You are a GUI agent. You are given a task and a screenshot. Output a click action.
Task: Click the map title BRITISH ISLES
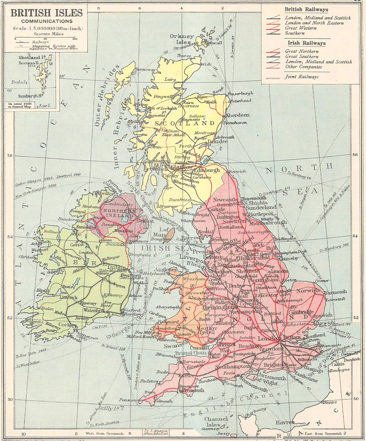click(47, 13)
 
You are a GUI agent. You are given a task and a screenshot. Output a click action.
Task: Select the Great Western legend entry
click(301, 28)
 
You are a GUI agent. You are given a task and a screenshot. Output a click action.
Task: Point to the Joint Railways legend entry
click(302, 77)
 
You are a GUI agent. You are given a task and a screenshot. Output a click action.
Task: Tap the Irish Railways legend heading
click(307, 43)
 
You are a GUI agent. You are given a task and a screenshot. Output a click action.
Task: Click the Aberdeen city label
click(238, 115)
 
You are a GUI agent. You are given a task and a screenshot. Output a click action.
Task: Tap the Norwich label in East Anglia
click(308, 291)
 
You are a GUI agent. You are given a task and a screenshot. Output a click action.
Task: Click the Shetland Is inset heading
click(32, 57)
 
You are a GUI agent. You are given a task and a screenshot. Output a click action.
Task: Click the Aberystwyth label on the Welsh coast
click(168, 307)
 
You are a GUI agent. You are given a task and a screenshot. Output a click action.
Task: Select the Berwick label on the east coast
click(237, 171)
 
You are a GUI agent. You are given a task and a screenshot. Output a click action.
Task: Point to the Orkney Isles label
click(182, 39)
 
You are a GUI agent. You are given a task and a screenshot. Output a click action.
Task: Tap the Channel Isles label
click(216, 422)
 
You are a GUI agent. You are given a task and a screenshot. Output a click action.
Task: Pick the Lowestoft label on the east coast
click(335, 299)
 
